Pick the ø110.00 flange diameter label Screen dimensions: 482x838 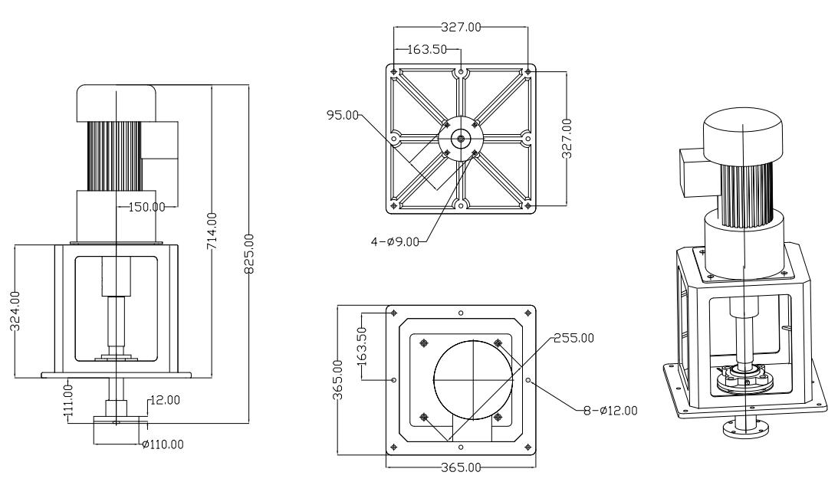(163, 444)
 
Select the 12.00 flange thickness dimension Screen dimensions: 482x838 (163, 399)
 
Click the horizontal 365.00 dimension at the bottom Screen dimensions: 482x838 (460, 467)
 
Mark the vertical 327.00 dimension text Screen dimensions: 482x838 (567, 138)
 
